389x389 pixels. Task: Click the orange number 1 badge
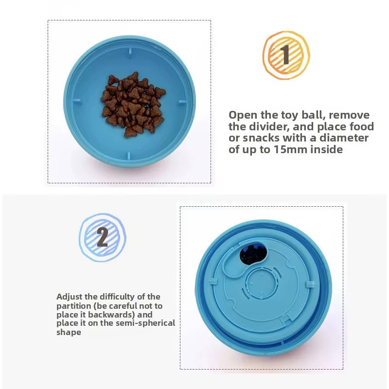coord(285,55)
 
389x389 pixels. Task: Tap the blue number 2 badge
coord(102,237)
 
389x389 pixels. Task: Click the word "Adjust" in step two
coord(69,296)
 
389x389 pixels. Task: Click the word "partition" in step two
coord(73,305)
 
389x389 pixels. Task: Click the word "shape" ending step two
coord(69,333)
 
